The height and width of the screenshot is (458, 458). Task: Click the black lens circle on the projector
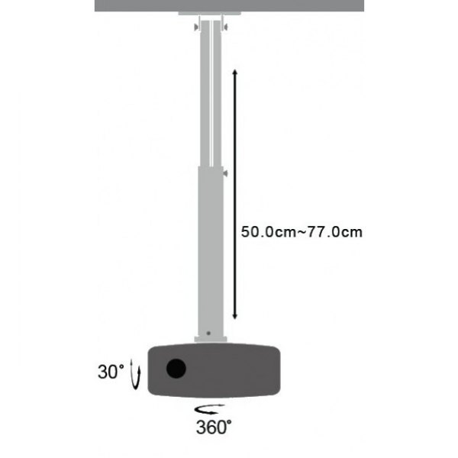tap(175, 369)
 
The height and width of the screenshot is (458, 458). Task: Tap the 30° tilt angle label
tap(111, 373)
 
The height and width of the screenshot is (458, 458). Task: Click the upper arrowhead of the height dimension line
tap(234, 72)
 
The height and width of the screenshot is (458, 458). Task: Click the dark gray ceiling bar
tap(229, 5)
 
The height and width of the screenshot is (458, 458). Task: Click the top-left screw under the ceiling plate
tap(195, 28)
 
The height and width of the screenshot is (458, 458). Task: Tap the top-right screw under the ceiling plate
tap(227, 28)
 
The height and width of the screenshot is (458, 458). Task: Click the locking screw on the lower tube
tap(225, 174)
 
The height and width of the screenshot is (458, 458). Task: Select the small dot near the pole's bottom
tap(208, 333)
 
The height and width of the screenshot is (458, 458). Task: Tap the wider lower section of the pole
tap(209, 252)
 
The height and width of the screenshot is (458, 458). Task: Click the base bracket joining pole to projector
tap(209, 339)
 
